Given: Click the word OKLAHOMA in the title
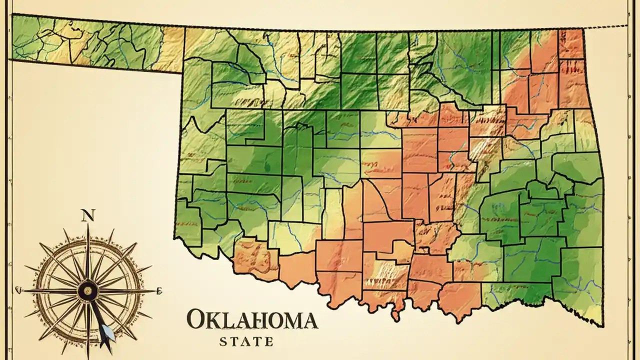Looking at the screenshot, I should point(252,320).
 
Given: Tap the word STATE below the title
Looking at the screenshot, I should point(246,342).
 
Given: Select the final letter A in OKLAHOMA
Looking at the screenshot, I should point(309,320).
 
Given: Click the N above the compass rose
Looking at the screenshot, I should point(87,215).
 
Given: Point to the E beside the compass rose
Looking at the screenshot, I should point(159,290).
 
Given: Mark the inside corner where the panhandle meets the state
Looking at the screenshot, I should point(182,73).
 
